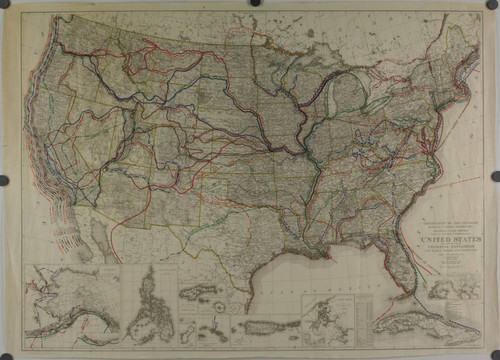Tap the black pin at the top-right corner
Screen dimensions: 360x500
(x=493, y=5)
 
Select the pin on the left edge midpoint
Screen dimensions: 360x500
(x=4, y=181)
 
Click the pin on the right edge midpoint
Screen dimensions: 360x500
(x=495, y=181)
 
